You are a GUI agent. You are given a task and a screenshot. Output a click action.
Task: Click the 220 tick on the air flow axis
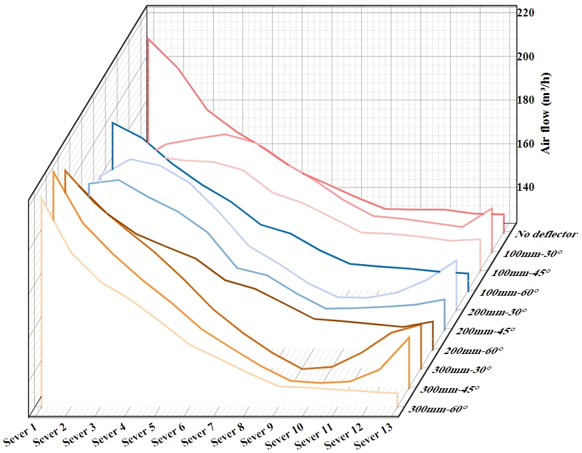[x=526, y=13]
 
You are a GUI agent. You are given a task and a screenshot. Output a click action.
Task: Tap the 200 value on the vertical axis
[x=526, y=56]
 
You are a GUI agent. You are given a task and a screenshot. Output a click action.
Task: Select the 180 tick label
[x=526, y=100]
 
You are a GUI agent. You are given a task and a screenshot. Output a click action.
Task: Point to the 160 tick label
[x=526, y=143]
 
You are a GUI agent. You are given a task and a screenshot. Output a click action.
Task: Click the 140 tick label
[x=526, y=187]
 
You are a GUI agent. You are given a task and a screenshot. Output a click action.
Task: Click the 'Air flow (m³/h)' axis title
[x=545, y=122]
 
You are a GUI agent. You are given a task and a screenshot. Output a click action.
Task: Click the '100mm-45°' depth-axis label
[x=521, y=272]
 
